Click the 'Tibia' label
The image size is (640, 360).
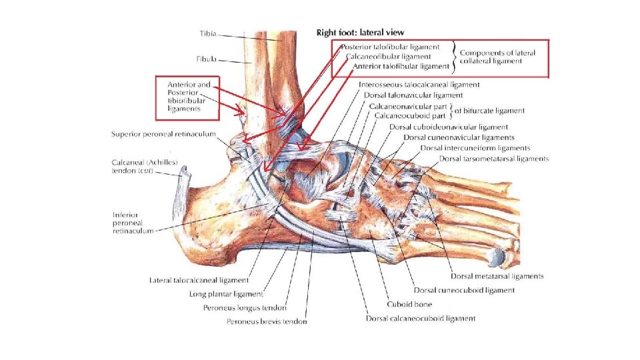point(208,33)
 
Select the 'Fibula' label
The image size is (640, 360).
point(207,59)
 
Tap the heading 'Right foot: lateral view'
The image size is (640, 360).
point(359,32)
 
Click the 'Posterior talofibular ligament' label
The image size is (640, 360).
point(391,47)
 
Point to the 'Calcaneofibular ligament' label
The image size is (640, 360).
point(389,57)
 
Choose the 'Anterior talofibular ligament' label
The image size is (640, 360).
point(401,66)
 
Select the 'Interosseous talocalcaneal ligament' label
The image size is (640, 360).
point(419,85)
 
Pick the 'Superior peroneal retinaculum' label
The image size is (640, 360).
point(163,135)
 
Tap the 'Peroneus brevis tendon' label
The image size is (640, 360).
point(265,322)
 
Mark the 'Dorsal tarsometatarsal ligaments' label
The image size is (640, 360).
point(494,159)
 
